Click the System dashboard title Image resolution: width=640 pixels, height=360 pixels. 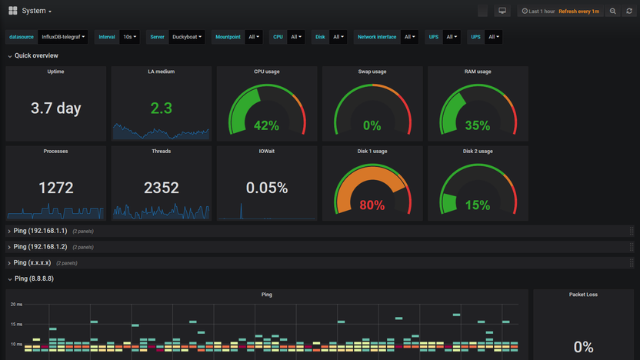coord(35,11)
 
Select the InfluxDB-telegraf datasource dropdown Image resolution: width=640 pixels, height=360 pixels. coord(63,37)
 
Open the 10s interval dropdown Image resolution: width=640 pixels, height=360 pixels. coord(129,37)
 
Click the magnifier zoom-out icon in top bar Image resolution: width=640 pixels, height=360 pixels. coord(613,12)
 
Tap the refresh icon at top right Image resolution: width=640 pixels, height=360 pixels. coord(628,12)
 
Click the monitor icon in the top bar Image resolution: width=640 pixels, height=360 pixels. coord(502,12)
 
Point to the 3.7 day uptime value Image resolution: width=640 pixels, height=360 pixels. coord(55,108)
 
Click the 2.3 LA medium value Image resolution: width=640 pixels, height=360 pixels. coord(161,108)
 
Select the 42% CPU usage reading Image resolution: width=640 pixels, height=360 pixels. coord(266,125)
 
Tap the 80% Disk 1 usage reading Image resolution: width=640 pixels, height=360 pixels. coord(372,205)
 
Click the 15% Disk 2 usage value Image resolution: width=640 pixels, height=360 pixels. coord(477,205)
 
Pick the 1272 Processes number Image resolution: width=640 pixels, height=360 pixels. coord(55,187)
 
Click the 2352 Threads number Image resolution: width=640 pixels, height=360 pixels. coord(161,187)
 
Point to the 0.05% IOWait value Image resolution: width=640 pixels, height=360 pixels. coord(266,187)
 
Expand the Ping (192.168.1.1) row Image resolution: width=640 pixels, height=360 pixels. coord(40,231)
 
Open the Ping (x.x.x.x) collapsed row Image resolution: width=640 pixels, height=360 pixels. coord(32,263)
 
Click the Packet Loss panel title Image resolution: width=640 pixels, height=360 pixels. coord(583,295)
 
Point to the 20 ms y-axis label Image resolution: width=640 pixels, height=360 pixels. coord(16,305)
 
